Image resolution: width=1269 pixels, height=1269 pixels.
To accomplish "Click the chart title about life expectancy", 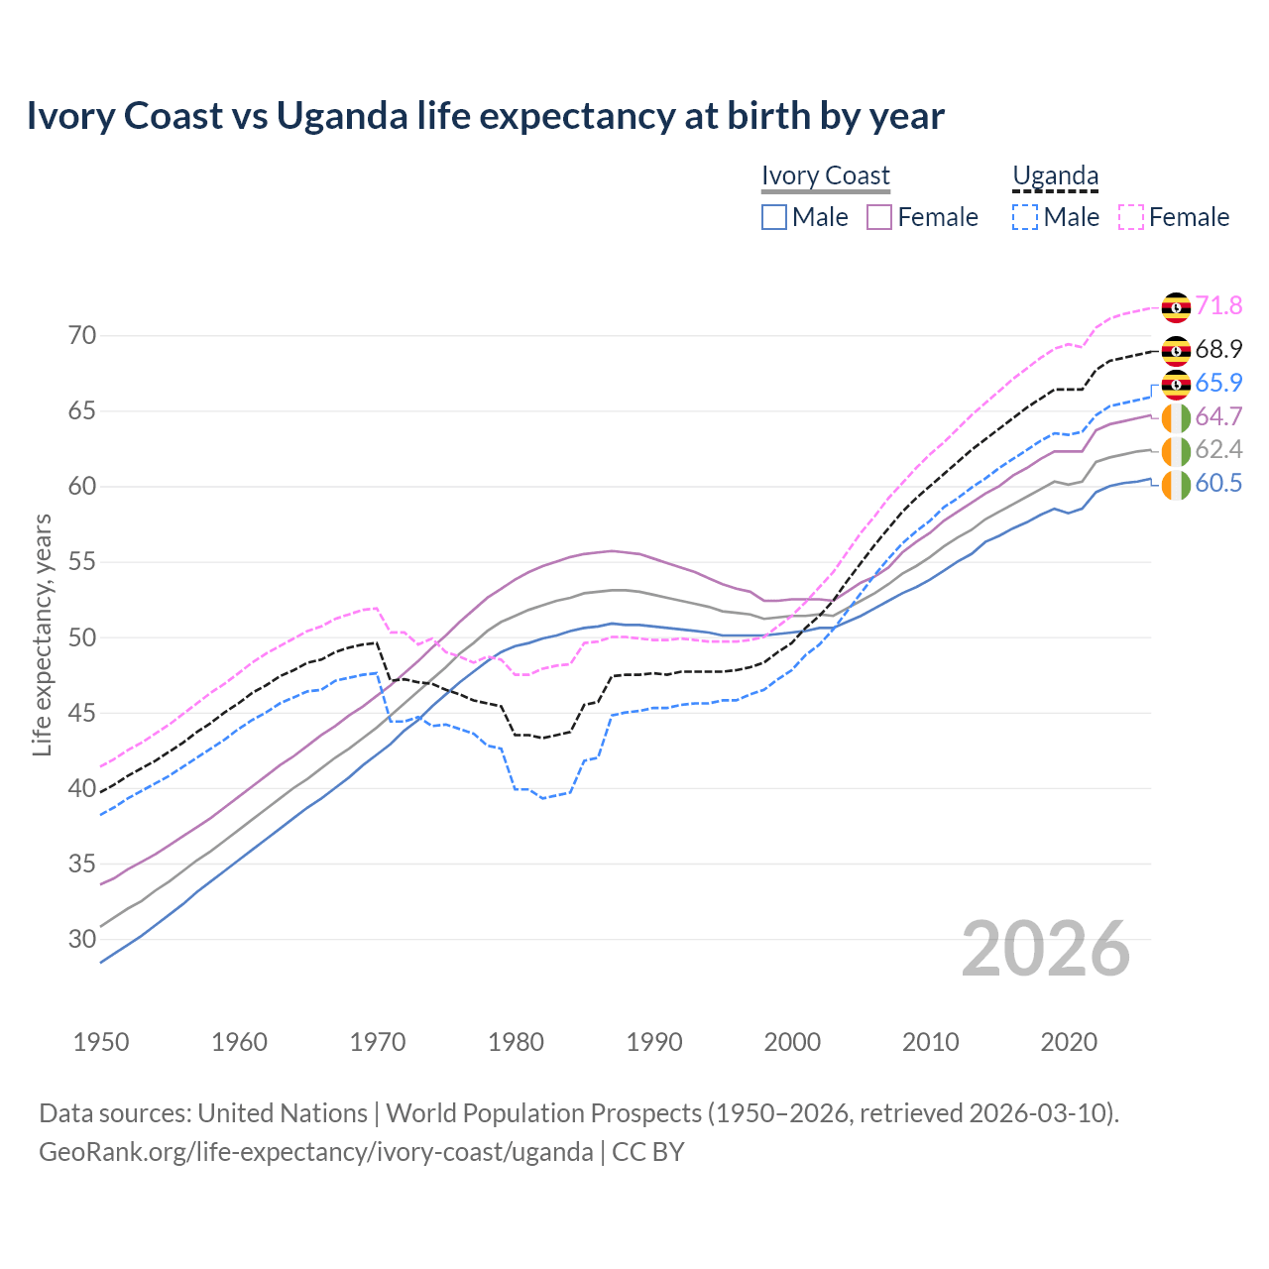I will [x=485, y=116].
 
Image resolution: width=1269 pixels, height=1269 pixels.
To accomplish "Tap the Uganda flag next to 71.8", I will [x=1176, y=306].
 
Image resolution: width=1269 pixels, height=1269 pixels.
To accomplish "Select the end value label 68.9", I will [x=1218, y=350].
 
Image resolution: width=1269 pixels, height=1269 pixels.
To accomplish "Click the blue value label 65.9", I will [x=1218, y=384].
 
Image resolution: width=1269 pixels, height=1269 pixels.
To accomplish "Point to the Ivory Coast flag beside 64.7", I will [x=1176, y=417].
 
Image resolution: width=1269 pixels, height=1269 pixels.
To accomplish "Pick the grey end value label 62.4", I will [x=1218, y=450].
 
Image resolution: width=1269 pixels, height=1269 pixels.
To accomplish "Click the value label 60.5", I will [x=1218, y=484].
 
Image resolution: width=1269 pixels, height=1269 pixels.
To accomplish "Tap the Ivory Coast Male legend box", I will [x=774, y=217].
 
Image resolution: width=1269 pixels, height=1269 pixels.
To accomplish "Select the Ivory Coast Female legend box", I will [x=879, y=217].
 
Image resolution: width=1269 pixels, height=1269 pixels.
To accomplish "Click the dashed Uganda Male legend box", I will [x=1025, y=217].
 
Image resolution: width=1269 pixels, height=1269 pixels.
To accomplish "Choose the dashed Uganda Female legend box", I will [x=1131, y=217].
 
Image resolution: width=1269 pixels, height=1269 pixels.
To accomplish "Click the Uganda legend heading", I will [x=1055, y=176].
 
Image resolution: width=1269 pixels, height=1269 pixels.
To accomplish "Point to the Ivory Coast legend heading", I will [x=826, y=176].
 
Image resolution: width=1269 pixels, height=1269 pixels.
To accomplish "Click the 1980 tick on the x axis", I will [x=517, y=1042].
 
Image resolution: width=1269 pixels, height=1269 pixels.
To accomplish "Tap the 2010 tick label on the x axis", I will [x=930, y=1042].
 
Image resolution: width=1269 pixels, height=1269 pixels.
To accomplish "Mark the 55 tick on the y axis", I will [x=82, y=562].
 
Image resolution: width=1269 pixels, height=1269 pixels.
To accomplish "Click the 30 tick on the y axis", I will [x=82, y=939].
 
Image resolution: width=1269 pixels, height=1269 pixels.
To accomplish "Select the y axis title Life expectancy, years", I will [x=42, y=634].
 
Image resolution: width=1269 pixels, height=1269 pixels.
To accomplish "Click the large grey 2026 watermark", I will [x=1046, y=949].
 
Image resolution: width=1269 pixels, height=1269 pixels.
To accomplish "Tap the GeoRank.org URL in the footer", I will [x=315, y=1152].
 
